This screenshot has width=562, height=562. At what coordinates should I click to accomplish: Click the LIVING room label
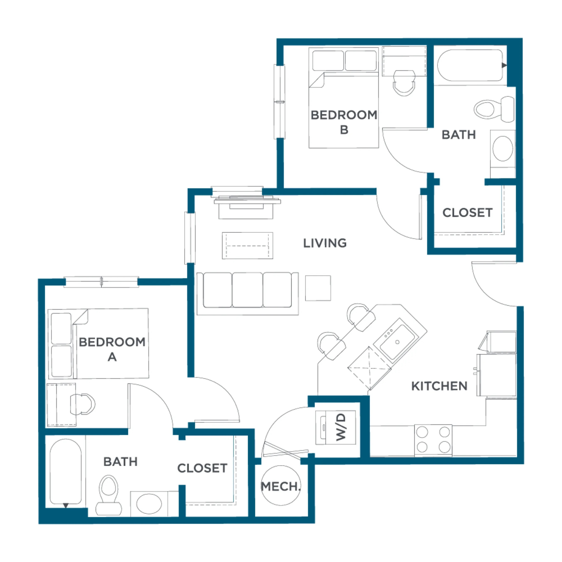tap(325, 243)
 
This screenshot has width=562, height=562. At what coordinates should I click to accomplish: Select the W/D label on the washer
tap(341, 427)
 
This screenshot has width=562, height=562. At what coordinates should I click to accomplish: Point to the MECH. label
tap(280, 486)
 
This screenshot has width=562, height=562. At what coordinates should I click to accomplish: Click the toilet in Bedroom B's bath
tap(494, 109)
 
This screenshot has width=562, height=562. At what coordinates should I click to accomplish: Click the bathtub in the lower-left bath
tap(65, 471)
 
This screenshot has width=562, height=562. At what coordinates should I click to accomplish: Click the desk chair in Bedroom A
tap(83, 404)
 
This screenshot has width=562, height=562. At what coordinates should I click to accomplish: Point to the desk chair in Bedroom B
tap(404, 83)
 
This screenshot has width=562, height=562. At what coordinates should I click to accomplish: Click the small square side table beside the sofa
tap(318, 288)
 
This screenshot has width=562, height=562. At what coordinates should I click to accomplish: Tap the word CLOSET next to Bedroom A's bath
tap(202, 468)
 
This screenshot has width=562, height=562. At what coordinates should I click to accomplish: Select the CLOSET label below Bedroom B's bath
tap(467, 213)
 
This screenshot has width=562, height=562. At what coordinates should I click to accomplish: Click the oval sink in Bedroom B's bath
tap(503, 148)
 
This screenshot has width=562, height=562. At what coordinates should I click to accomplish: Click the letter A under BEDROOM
tap(112, 357)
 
